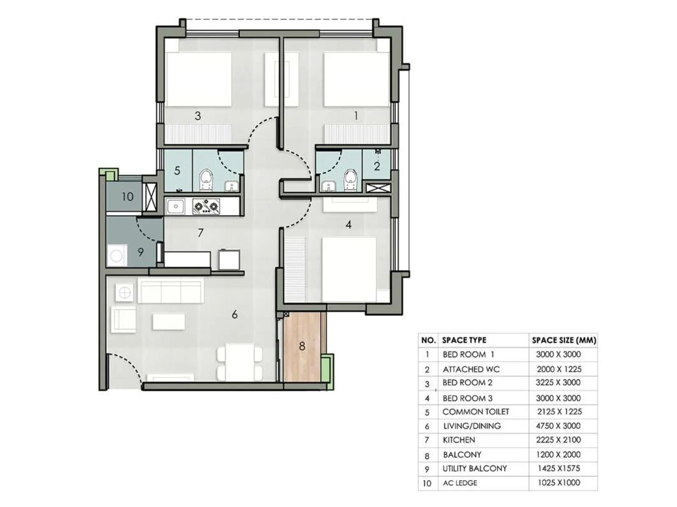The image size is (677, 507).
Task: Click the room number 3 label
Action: [x=198, y=116]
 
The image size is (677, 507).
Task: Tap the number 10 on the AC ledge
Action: [x=127, y=196]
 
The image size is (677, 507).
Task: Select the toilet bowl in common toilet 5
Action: [x=206, y=179]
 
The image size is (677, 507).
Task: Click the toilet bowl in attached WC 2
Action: [x=350, y=178]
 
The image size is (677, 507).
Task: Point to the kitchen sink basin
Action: [x=174, y=207]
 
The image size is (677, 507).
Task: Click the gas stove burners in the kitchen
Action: [x=206, y=207]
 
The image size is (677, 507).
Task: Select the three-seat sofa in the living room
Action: [x=171, y=291]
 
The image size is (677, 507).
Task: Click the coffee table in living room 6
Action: [x=168, y=322]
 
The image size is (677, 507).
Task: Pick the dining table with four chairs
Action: [x=239, y=362]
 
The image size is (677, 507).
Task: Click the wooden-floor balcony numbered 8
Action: [x=302, y=346]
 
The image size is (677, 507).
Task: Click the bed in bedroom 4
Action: [x=349, y=269]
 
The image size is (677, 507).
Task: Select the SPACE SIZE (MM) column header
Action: [x=564, y=340]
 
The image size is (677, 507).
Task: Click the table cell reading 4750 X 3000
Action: [x=558, y=426]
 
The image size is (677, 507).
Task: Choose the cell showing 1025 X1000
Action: [x=559, y=482]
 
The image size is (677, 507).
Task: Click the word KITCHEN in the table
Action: [x=459, y=440]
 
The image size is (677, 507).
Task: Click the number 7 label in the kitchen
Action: [x=201, y=233]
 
